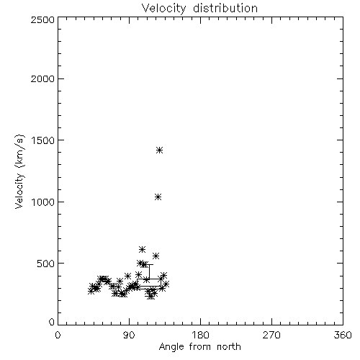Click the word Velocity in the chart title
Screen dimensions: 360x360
[x=163, y=9]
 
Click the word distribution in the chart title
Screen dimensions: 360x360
[x=225, y=8]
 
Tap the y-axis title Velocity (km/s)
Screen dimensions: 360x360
[x=19, y=171]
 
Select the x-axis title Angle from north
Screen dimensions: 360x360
[x=199, y=347]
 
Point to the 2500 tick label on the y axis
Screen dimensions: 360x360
[x=42, y=19]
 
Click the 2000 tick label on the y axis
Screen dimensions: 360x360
[x=42, y=78]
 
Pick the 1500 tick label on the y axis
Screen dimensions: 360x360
[x=43, y=140]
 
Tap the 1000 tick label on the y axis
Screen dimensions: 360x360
[x=43, y=202]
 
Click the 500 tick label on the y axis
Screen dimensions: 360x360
[x=46, y=264]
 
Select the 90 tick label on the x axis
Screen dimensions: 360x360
[x=129, y=335]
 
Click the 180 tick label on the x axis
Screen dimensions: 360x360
[x=199, y=335]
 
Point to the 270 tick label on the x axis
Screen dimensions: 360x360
[x=271, y=335]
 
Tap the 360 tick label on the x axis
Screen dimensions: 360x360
[x=343, y=335]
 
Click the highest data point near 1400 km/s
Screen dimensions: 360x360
[x=160, y=150]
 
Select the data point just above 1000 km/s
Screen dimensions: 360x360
[x=158, y=197]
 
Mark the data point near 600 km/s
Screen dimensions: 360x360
[x=142, y=249]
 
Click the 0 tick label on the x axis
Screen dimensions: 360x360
[x=58, y=335]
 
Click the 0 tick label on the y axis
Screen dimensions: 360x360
[x=52, y=322]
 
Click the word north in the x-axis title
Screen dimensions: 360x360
[x=229, y=347]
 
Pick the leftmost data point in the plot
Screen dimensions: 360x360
[x=91, y=291]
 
